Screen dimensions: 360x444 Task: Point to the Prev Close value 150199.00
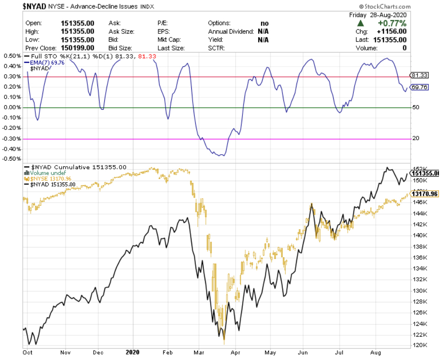[77, 48]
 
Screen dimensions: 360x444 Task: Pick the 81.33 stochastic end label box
[419, 75]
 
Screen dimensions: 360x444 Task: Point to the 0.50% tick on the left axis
[12, 56]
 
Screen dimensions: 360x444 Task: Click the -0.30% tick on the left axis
[11, 139]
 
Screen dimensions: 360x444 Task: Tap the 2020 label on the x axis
[133, 353]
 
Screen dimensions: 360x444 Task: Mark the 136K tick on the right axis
[420, 258]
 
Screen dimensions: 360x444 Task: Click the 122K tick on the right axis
[420, 334]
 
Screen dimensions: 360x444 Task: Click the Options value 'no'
[264, 23]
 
